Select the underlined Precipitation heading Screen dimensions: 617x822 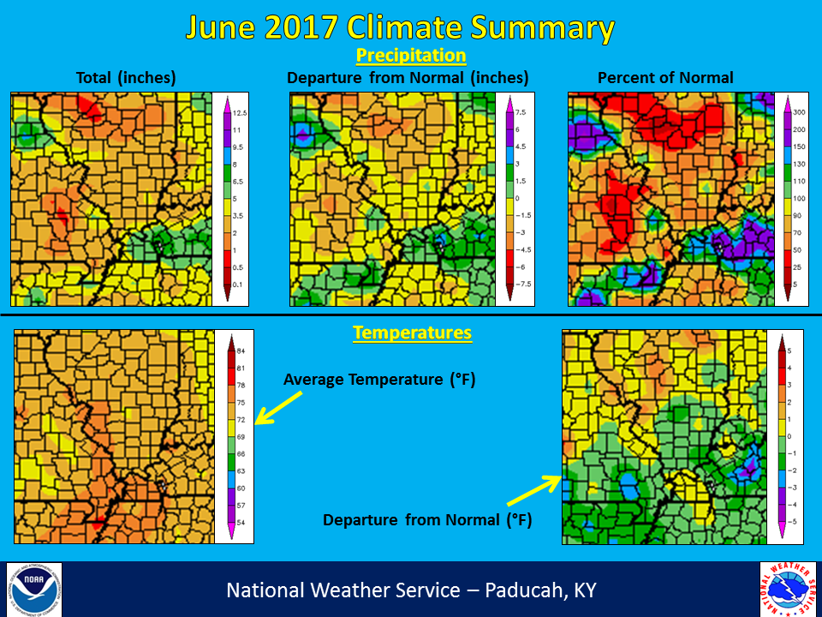(x=411, y=56)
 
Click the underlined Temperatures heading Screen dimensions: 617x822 (x=412, y=332)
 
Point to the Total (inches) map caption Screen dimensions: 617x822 (x=126, y=78)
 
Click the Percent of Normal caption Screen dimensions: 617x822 (x=665, y=78)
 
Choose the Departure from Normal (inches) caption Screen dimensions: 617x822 (x=408, y=78)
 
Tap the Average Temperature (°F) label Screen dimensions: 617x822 (x=379, y=379)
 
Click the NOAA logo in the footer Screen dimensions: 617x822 (x=34, y=590)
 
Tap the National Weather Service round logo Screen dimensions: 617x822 (x=787, y=590)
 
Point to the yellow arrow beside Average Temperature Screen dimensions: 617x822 (x=279, y=408)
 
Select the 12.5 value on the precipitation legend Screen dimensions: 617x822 (x=241, y=113)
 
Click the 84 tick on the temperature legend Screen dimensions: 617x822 (x=241, y=351)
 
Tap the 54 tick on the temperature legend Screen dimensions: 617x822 (x=241, y=522)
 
